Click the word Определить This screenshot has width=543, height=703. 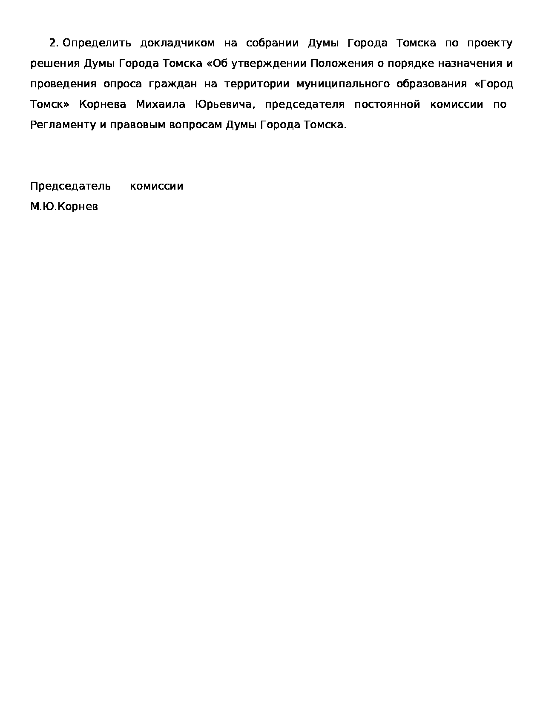97,43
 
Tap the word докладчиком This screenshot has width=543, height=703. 178,43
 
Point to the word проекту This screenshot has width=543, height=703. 490,43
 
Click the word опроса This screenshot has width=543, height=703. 123,84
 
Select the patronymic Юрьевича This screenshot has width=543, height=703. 225,105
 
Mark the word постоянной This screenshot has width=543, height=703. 387,104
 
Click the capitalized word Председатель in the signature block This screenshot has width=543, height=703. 71,187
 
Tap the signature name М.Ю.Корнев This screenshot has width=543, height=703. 64,207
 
